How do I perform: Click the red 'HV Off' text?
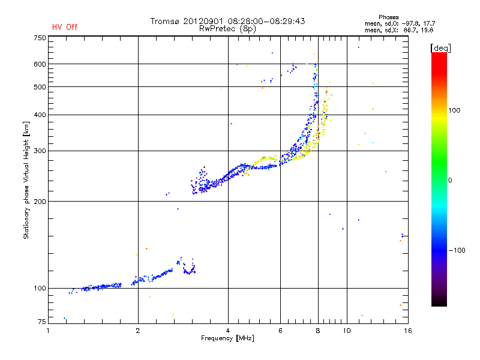pos(65,27)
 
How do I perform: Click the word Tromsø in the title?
pos(164,21)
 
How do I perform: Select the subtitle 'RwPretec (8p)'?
pos(227,29)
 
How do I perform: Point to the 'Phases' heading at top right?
pos(388,17)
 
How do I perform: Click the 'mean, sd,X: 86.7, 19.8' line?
pos(399,31)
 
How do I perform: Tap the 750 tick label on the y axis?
pos(40,38)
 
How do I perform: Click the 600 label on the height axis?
pos(40,64)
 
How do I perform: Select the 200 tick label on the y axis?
pos(40,202)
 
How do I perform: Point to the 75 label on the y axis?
pos(42,322)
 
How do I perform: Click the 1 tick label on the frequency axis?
pos(48,331)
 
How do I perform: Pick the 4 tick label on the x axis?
pos(228,331)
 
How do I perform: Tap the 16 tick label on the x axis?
pos(408,331)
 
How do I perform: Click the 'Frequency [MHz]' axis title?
pos(227,338)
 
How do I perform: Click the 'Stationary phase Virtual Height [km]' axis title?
pos(26,180)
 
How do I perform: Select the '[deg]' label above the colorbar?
pos(440,48)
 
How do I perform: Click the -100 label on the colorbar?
pos(457,250)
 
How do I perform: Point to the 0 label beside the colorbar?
pos(450,181)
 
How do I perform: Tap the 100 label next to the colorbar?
pos(454,110)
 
